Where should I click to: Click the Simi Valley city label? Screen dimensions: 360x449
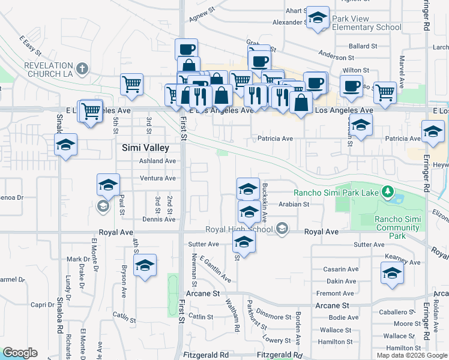(x=145, y=147)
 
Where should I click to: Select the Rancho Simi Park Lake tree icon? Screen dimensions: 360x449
(x=388, y=192)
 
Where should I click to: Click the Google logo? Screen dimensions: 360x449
(x=20, y=353)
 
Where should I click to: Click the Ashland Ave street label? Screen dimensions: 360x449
(x=157, y=161)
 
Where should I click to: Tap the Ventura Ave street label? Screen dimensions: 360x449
(x=157, y=178)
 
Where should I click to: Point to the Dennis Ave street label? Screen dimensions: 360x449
(x=158, y=220)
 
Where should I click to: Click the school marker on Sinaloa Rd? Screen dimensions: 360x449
(x=66, y=144)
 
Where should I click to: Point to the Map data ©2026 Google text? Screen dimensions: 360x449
(x=411, y=355)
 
